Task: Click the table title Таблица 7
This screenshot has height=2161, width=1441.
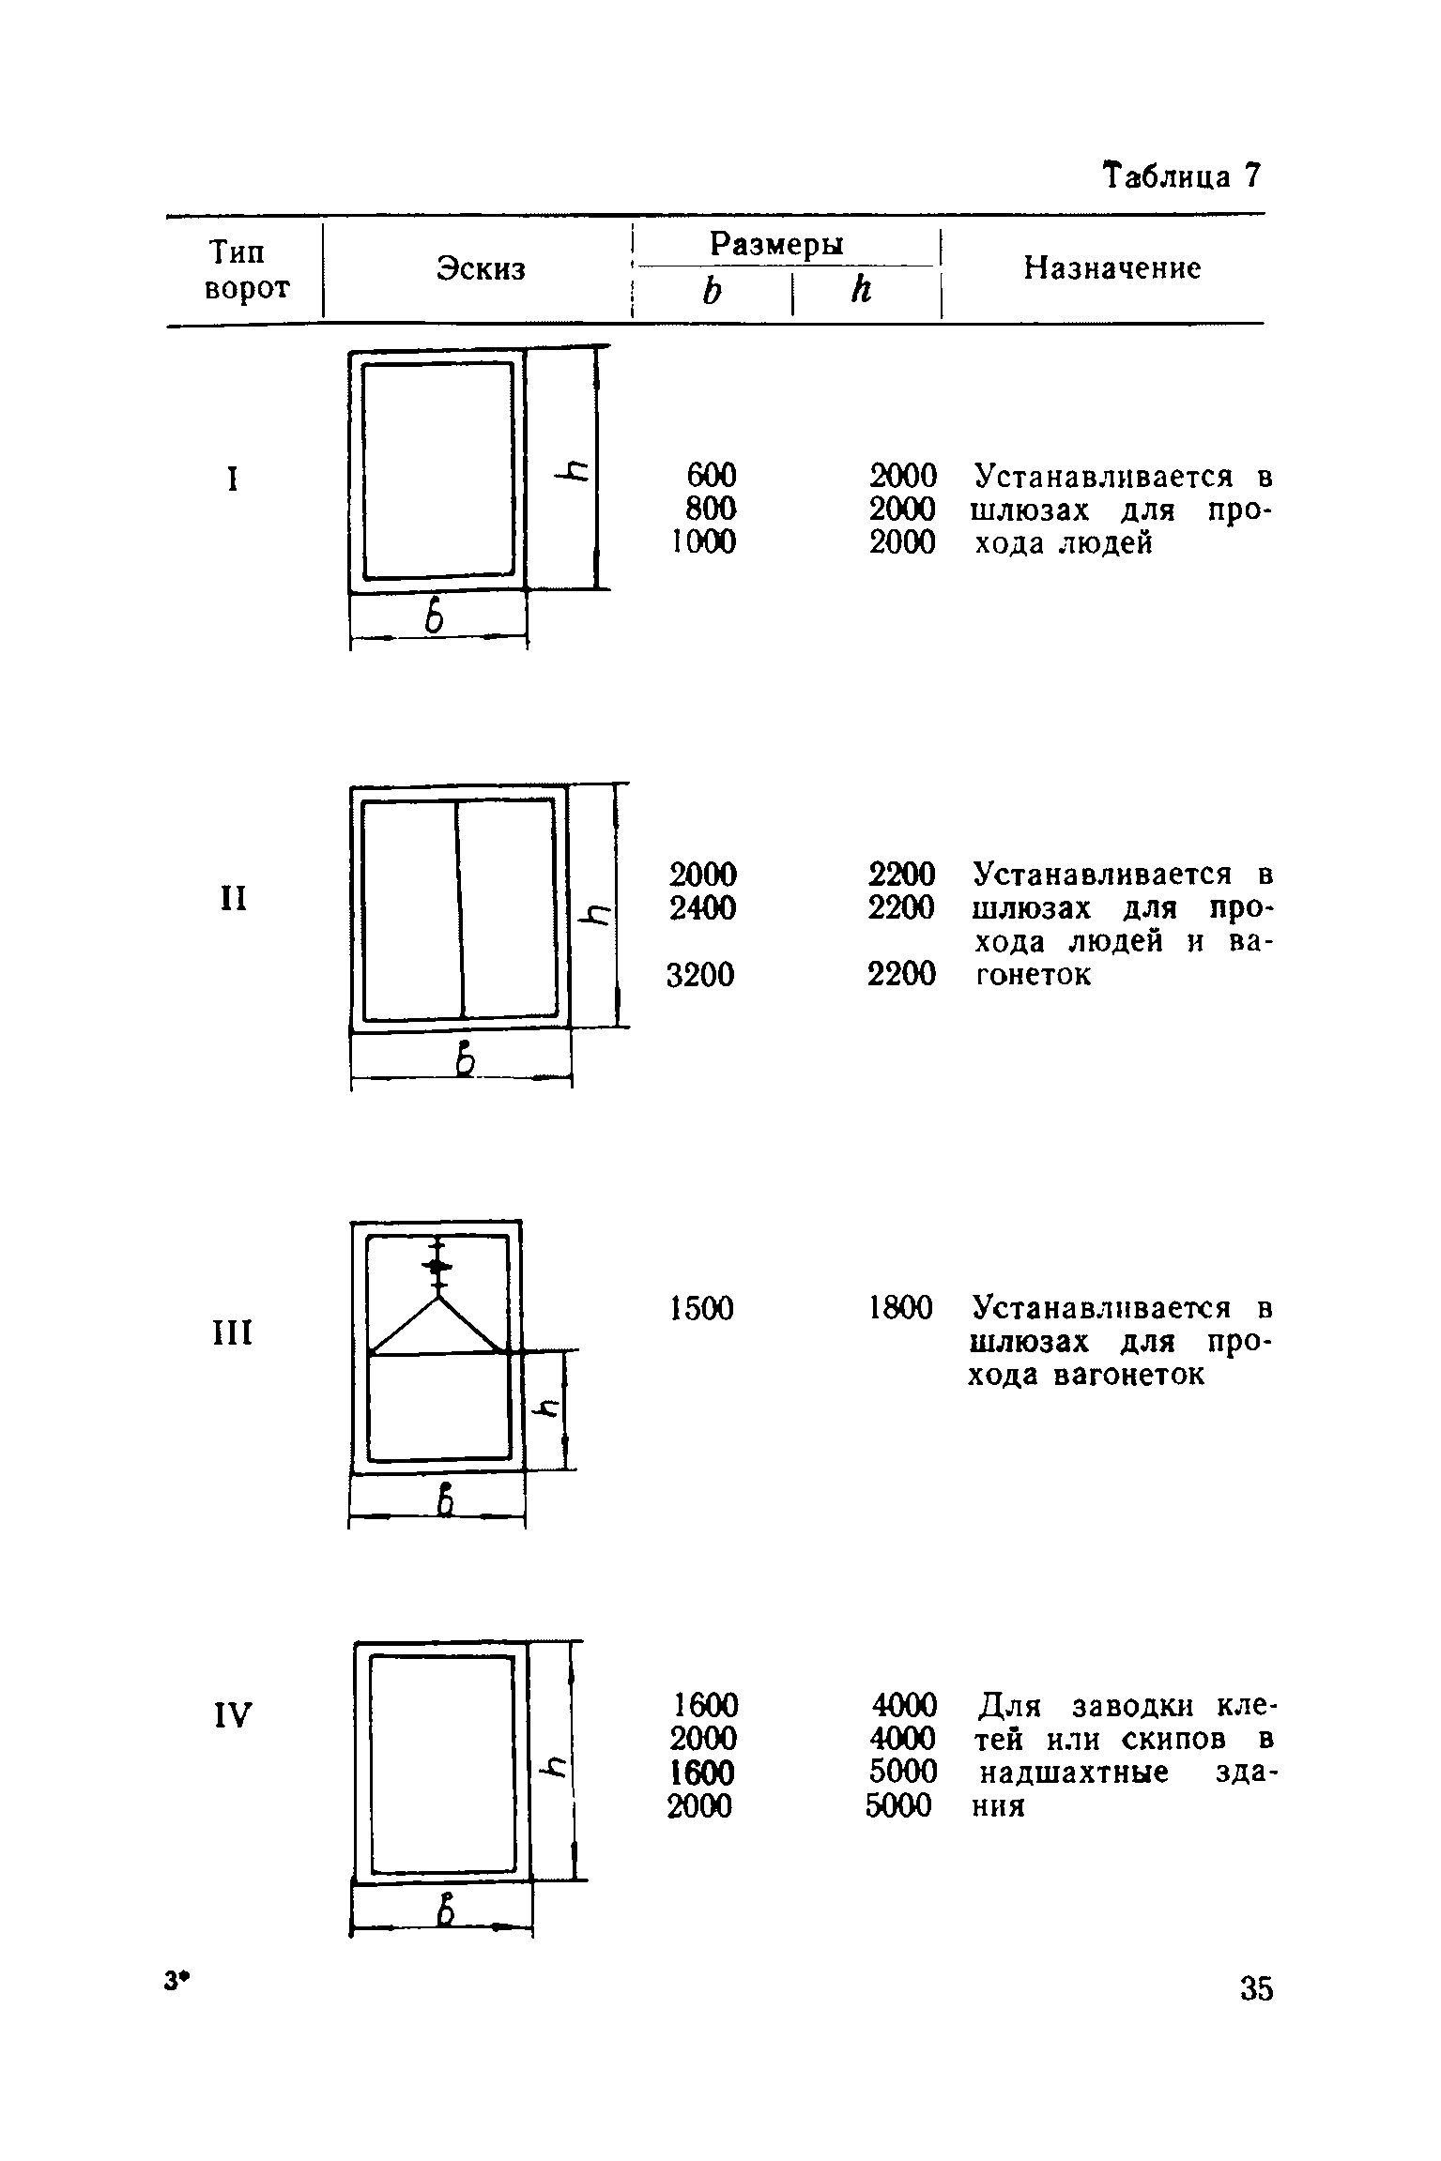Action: [1182, 176]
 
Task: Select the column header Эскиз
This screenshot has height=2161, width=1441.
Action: [481, 269]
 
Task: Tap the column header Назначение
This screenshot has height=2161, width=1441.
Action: [1111, 269]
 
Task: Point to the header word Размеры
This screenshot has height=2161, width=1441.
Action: [776, 244]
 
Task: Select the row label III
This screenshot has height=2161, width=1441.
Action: [229, 1332]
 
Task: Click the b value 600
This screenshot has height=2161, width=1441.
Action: [711, 475]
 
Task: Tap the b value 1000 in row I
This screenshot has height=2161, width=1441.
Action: [703, 542]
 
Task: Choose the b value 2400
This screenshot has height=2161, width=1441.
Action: [702, 908]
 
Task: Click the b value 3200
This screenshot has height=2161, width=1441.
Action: [700, 976]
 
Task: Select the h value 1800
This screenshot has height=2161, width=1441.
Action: [901, 1308]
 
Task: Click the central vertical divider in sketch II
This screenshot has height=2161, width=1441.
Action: [460, 908]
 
